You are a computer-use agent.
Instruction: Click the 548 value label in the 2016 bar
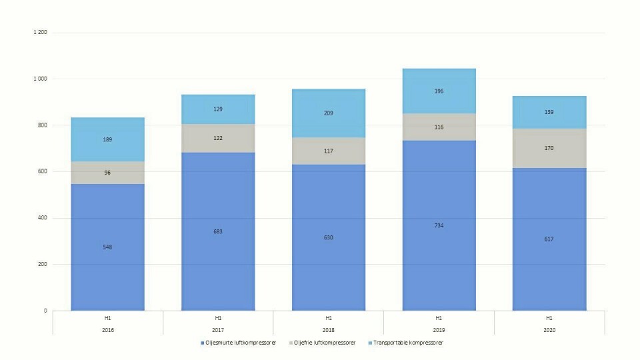[108, 247]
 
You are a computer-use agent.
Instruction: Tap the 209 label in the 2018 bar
[329, 113]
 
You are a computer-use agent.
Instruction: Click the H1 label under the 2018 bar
[329, 318]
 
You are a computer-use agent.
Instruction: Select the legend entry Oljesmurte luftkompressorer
[239, 343]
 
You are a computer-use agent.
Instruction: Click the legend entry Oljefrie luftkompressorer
[319, 343]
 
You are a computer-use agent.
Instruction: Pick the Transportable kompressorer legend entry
[407, 343]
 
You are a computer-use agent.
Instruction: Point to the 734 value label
[439, 225]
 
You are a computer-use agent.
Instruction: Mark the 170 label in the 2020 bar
[549, 148]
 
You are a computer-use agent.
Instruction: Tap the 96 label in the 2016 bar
[108, 173]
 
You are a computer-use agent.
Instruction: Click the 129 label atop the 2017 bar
[218, 109]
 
